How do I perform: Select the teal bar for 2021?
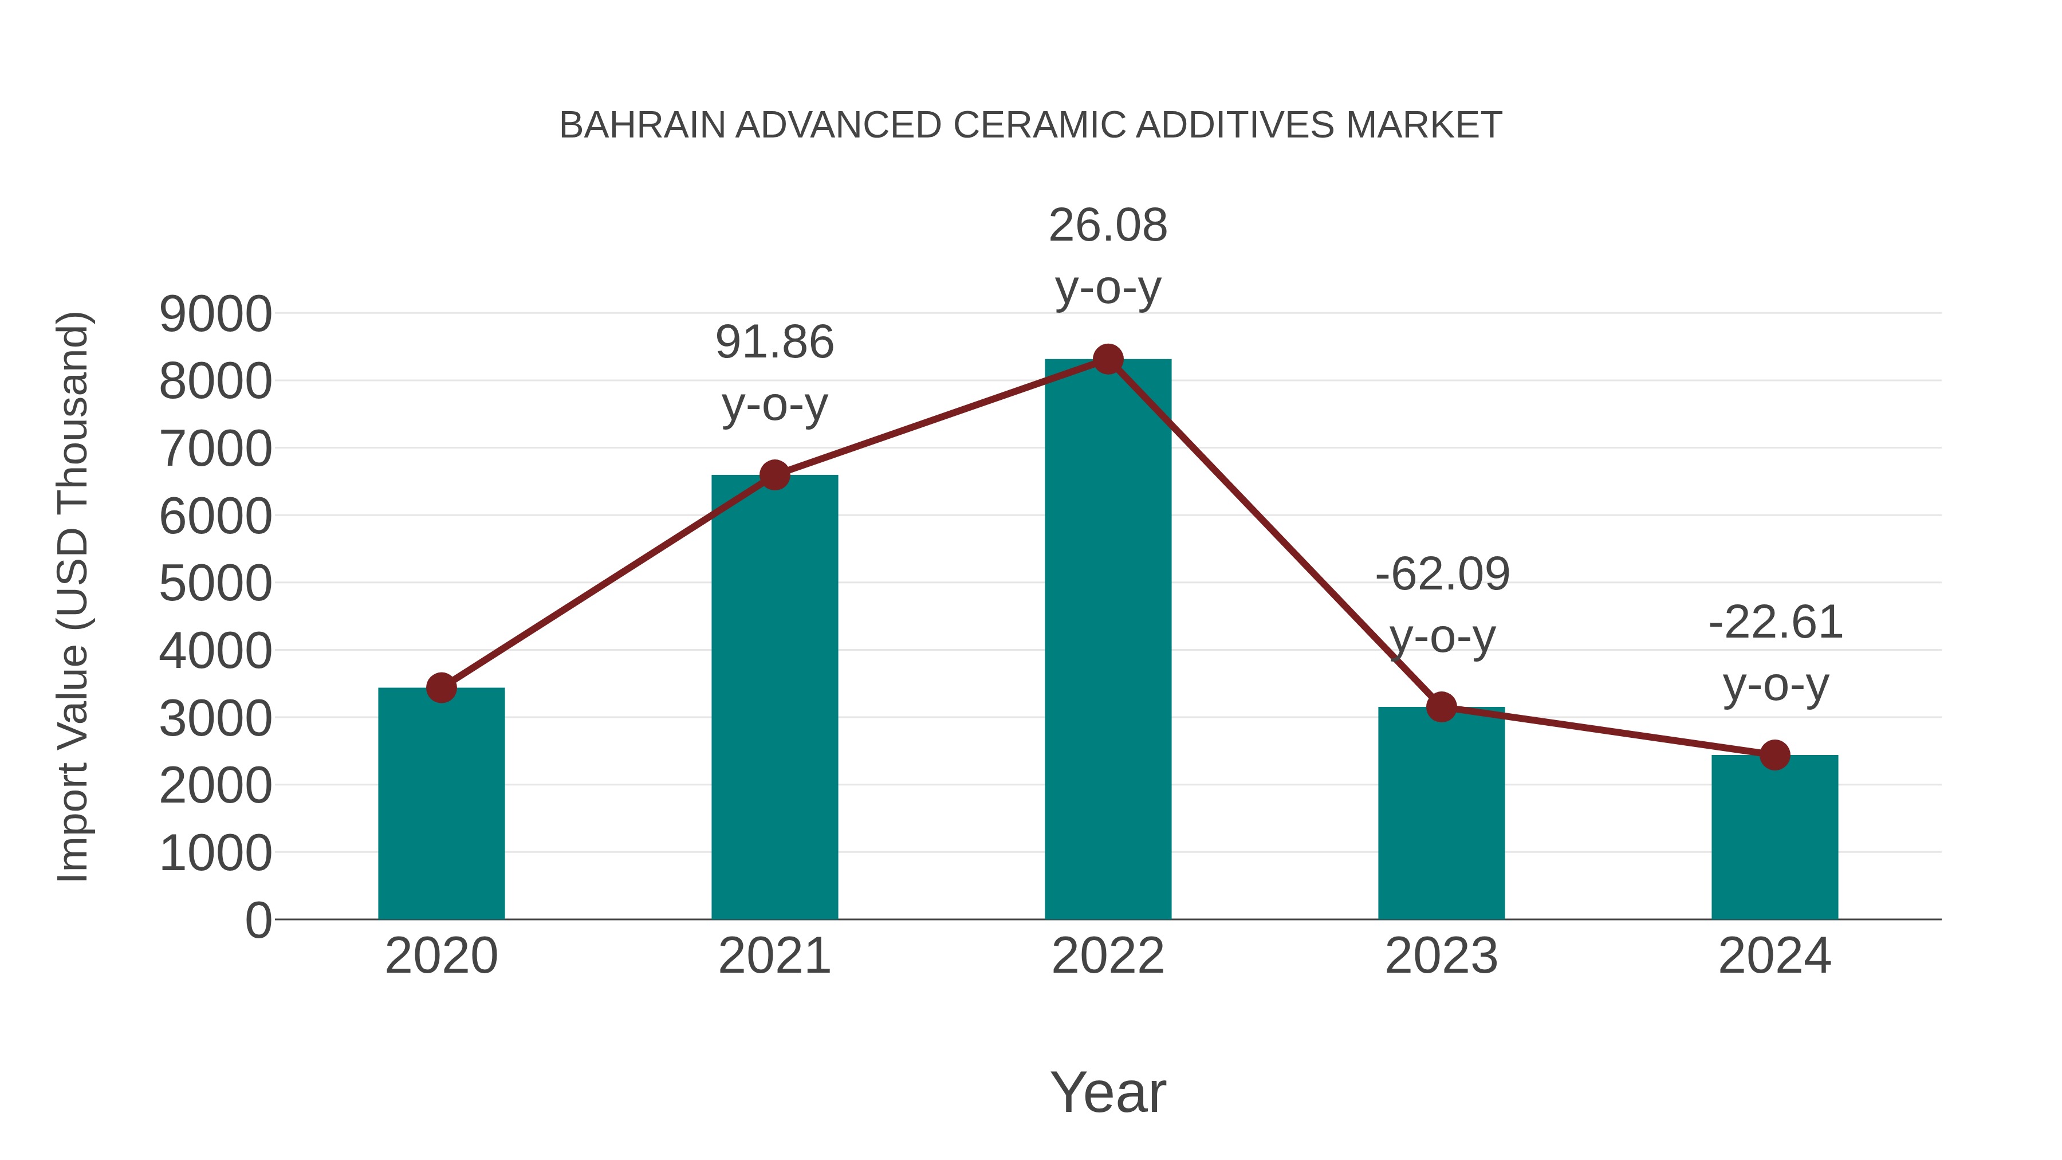coord(774,697)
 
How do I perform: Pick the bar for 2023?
coord(1441,812)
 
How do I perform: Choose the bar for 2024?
coord(1774,836)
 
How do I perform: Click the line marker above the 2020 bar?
coord(441,687)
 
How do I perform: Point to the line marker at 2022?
coord(1108,359)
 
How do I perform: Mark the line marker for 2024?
coord(1774,754)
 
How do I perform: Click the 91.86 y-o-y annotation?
coord(774,343)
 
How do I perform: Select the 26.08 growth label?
coord(1108,226)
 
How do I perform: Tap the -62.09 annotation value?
coord(1442,575)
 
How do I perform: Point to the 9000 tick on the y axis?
coord(215,314)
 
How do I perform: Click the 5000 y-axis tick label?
coord(215,584)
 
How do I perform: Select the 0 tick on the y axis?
coord(258,920)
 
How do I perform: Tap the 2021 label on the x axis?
coord(774,956)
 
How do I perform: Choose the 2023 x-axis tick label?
coord(1441,956)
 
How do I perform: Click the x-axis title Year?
coord(1108,1092)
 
